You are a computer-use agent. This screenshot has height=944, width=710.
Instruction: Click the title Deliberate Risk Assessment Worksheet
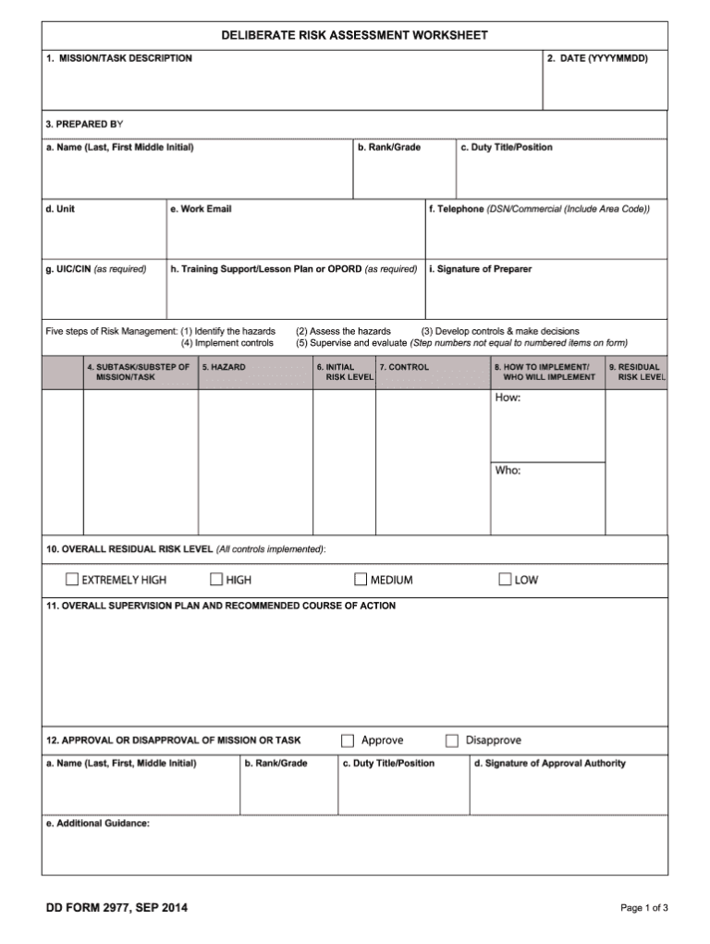354,35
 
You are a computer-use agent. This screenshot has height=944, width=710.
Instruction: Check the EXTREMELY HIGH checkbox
72,580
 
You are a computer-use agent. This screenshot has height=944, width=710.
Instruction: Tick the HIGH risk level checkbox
216,580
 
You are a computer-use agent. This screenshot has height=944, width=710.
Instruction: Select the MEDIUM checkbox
361,580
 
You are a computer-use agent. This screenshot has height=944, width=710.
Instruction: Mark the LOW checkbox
506,580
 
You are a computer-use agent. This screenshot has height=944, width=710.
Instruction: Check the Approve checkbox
348,740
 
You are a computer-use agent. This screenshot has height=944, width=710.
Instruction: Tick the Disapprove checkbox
452,740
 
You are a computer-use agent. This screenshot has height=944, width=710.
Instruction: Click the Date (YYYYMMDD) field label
597,58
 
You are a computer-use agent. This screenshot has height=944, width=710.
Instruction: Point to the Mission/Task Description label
119,58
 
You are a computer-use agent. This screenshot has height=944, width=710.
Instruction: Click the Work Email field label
201,209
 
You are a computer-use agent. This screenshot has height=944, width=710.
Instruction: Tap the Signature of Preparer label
480,269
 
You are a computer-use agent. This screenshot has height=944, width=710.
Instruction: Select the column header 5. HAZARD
224,367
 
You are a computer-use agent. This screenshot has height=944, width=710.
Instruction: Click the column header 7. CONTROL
404,367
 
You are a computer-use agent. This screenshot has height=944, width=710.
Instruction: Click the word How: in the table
508,398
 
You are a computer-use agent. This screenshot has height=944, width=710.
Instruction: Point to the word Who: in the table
508,471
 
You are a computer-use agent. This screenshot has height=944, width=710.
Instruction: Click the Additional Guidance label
97,823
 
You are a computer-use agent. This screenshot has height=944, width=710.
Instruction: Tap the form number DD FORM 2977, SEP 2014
116,908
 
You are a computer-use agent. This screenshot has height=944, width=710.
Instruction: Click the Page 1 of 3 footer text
643,909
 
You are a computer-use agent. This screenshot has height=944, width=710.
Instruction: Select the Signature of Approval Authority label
549,763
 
